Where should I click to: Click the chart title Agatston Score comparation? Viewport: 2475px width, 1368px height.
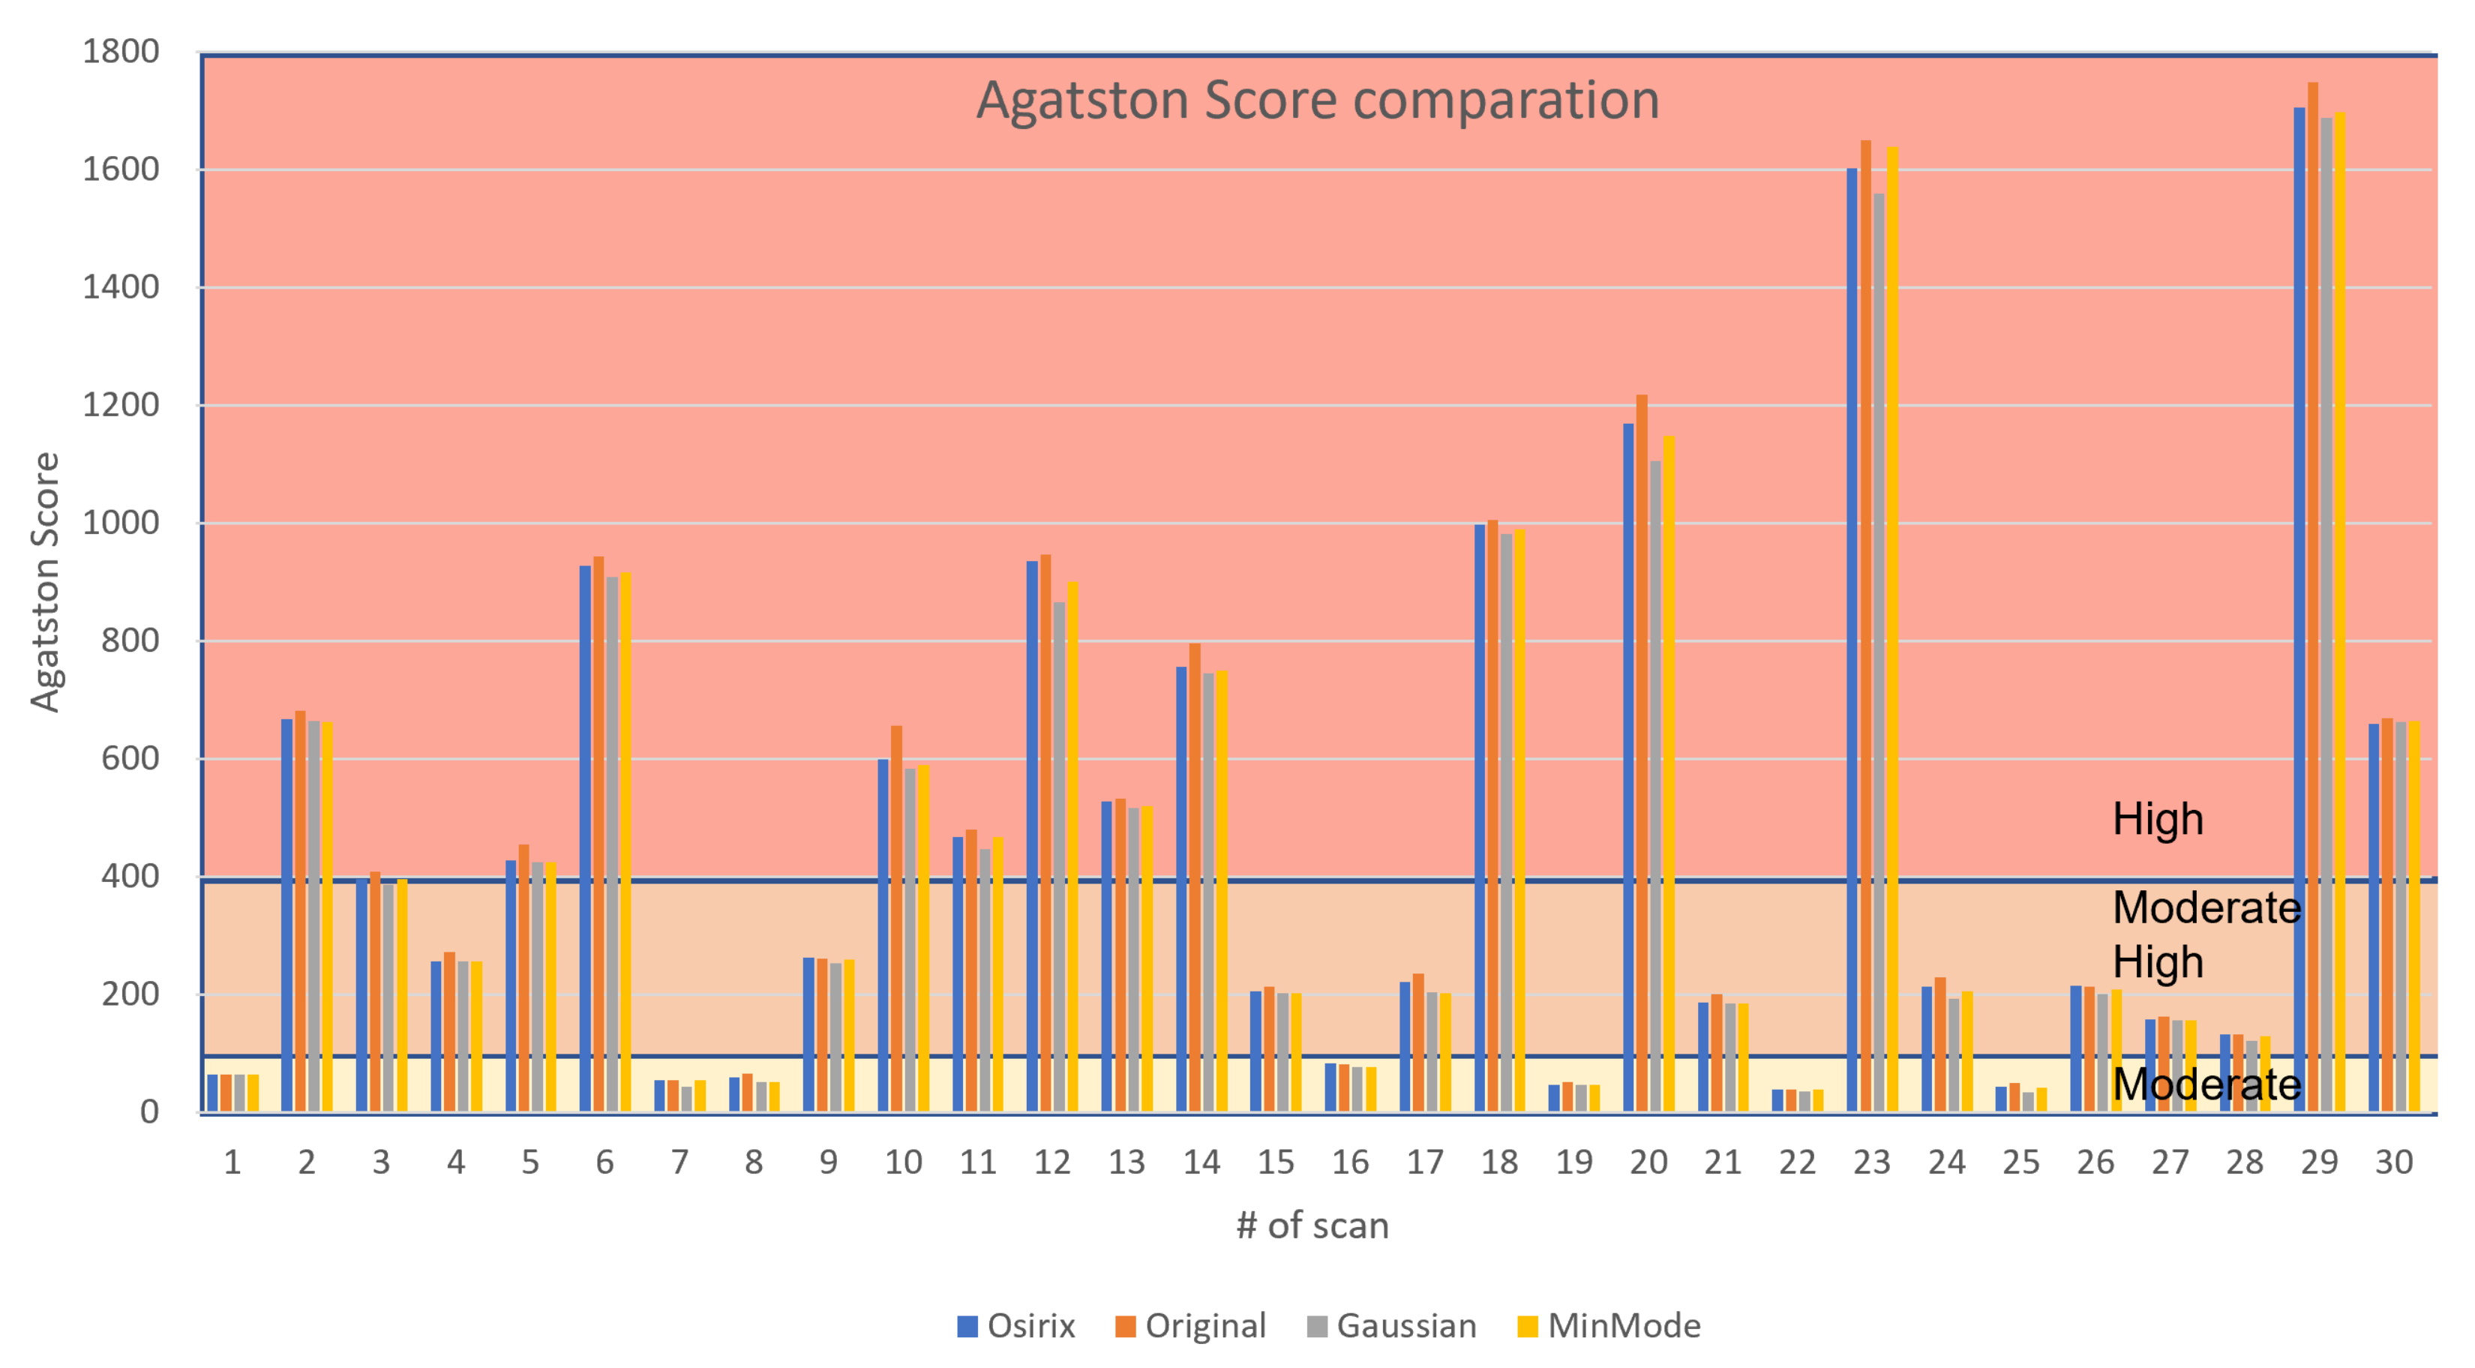[1317, 100]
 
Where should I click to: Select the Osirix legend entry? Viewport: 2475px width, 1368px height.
[1015, 1326]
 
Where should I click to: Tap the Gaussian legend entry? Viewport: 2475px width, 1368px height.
[1391, 1326]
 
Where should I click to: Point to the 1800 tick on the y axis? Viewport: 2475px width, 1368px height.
[121, 52]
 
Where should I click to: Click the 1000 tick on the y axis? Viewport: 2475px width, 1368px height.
[121, 523]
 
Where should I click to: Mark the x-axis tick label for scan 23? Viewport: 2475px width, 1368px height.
[1871, 1162]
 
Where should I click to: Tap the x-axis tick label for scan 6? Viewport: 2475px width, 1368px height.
[604, 1162]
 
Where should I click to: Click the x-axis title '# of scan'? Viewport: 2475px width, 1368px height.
[1312, 1225]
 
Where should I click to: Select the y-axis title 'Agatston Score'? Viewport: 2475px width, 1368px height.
[45, 582]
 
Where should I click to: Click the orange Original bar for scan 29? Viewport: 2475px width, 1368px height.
[2313, 595]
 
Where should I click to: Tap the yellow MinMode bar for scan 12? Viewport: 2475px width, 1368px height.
[1072, 845]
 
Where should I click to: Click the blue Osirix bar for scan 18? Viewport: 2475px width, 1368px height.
[1480, 817]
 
